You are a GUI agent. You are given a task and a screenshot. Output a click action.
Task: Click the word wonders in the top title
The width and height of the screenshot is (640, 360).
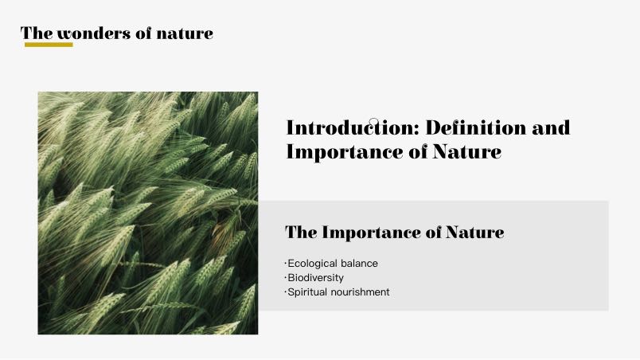[94, 33]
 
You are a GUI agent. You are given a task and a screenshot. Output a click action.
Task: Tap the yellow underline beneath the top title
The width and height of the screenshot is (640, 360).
[49, 45]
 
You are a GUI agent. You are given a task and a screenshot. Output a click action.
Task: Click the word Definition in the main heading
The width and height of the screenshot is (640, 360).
[475, 127]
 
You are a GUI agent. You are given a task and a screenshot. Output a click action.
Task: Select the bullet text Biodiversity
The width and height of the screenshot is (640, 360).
[315, 277]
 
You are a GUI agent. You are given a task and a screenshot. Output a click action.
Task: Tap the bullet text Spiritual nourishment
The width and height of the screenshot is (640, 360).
[338, 292]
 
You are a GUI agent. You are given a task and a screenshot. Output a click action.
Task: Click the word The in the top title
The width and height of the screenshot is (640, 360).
[37, 33]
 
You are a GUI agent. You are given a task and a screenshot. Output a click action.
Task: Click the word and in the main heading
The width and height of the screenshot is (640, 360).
[551, 127]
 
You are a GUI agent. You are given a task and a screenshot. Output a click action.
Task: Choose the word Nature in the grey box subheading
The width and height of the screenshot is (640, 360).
[474, 233]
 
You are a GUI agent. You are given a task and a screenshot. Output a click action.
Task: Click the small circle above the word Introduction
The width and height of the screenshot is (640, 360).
[373, 121]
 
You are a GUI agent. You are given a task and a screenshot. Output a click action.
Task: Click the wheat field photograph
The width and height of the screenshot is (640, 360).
[148, 213]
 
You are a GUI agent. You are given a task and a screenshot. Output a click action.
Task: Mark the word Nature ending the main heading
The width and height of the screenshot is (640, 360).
[467, 151]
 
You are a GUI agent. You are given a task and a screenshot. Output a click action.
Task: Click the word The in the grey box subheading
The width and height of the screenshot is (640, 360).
[301, 233]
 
